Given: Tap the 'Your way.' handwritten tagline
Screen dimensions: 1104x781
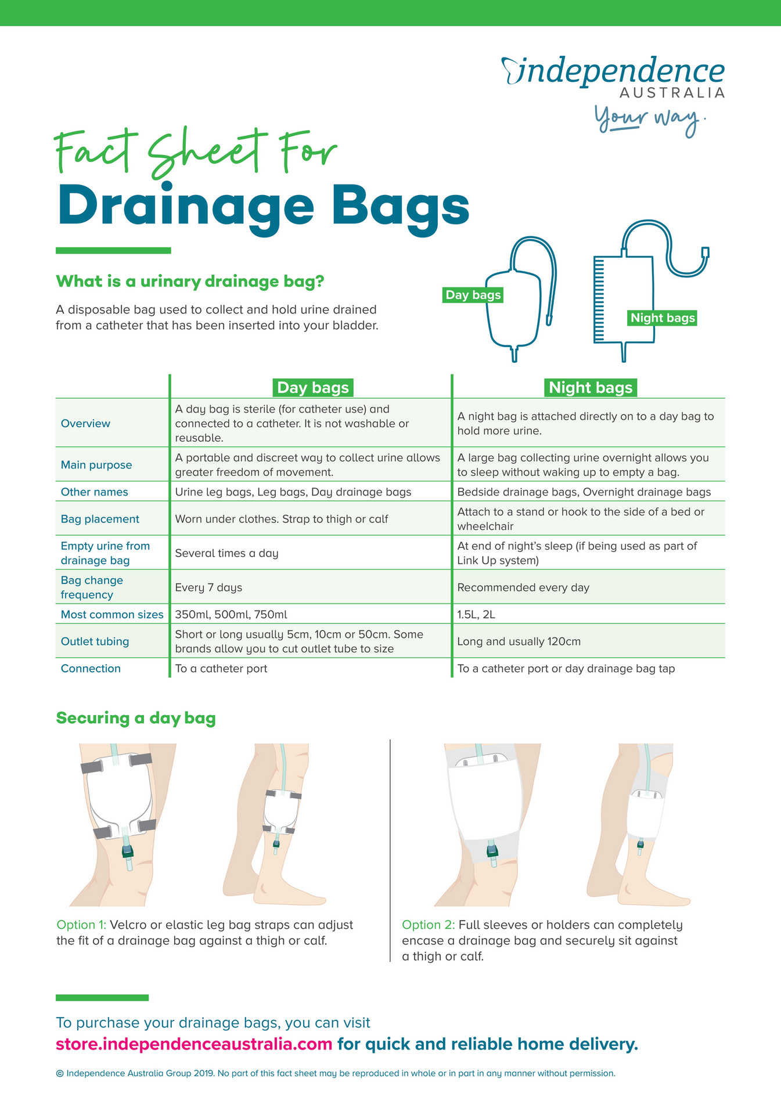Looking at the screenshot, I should [x=649, y=120].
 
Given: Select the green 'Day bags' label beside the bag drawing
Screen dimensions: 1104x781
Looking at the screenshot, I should [x=473, y=295].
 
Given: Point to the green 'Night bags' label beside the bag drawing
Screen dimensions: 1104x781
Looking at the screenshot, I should [x=663, y=318].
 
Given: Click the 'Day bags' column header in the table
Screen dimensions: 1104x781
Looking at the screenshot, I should [x=312, y=388].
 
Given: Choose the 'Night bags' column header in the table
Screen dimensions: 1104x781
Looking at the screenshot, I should [x=590, y=388].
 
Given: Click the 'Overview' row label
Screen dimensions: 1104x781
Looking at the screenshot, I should [x=85, y=423].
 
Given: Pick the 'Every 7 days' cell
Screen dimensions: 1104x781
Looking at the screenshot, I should [x=208, y=587].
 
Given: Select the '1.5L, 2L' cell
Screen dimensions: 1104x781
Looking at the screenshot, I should [x=476, y=614].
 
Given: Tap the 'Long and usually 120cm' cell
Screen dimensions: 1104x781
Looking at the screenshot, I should [x=519, y=641].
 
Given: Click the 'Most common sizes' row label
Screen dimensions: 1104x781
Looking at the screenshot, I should [x=112, y=614].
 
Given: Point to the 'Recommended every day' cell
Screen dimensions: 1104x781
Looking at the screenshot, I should [x=523, y=587].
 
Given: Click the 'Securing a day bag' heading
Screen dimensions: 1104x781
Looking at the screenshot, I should [x=136, y=718].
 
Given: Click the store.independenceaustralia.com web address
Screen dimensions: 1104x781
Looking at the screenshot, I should [x=194, y=1044].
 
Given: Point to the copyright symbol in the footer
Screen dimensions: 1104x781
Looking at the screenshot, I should [x=60, y=1073].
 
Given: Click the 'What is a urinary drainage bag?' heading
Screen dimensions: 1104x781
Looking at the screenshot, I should [x=189, y=282].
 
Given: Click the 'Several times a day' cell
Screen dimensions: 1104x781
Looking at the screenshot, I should [x=226, y=553].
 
